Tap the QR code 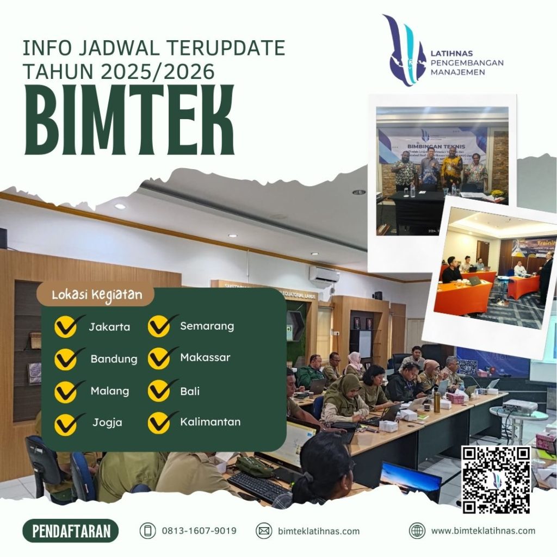coord(496,480)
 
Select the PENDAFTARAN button coord(70,531)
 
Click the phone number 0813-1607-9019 coord(199,530)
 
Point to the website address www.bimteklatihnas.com coord(483,530)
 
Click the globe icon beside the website coord(417,530)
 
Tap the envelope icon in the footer coord(264,531)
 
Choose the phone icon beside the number coord(147,530)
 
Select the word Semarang coord(207,326)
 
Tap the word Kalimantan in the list coord(210,422)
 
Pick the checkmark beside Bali coord(160,391)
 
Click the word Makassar coord(205,357)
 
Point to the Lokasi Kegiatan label coord(97,295)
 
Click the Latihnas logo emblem coord(404,50)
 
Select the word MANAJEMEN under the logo coord(457,72)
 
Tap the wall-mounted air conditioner coord(324,275)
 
